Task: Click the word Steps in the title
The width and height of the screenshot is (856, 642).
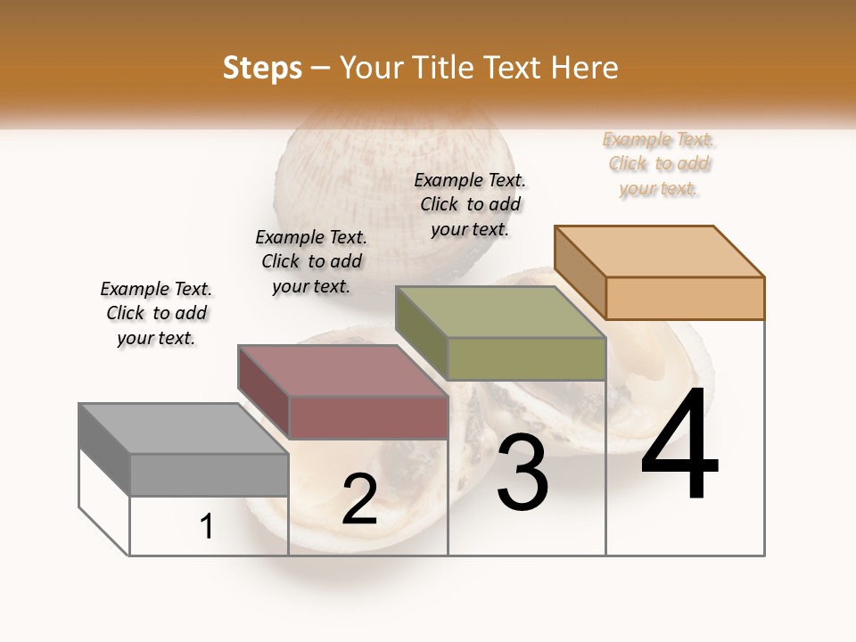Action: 262,68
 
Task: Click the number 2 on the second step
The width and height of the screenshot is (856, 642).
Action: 359,499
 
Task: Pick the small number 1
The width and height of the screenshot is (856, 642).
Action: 207,526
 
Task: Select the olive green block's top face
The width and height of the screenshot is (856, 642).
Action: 500,312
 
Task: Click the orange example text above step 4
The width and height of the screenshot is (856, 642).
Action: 658,164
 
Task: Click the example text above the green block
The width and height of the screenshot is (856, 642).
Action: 470,204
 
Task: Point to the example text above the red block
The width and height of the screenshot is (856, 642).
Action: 311,261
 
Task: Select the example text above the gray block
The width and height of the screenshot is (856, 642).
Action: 156,313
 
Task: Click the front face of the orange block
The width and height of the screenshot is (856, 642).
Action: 685,298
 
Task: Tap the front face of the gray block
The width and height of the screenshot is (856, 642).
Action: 209,474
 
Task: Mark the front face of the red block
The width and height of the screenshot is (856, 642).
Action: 367,417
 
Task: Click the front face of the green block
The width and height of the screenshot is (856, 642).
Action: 526,358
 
